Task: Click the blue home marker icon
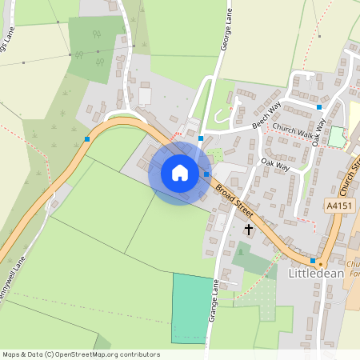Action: (180, 173)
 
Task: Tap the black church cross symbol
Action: (248, 230)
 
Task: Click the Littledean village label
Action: (314, 273)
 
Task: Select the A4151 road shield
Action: (338, 205)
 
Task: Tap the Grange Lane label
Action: (214, 301)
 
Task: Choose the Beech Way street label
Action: (266, 115)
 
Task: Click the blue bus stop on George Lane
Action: (200, 138)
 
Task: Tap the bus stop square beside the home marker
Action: (206, 174)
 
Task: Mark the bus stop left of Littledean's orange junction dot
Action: (312, 260)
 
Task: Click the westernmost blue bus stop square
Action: (87, 139)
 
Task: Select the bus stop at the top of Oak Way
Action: (318, 106)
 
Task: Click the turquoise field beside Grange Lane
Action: (192, 308)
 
